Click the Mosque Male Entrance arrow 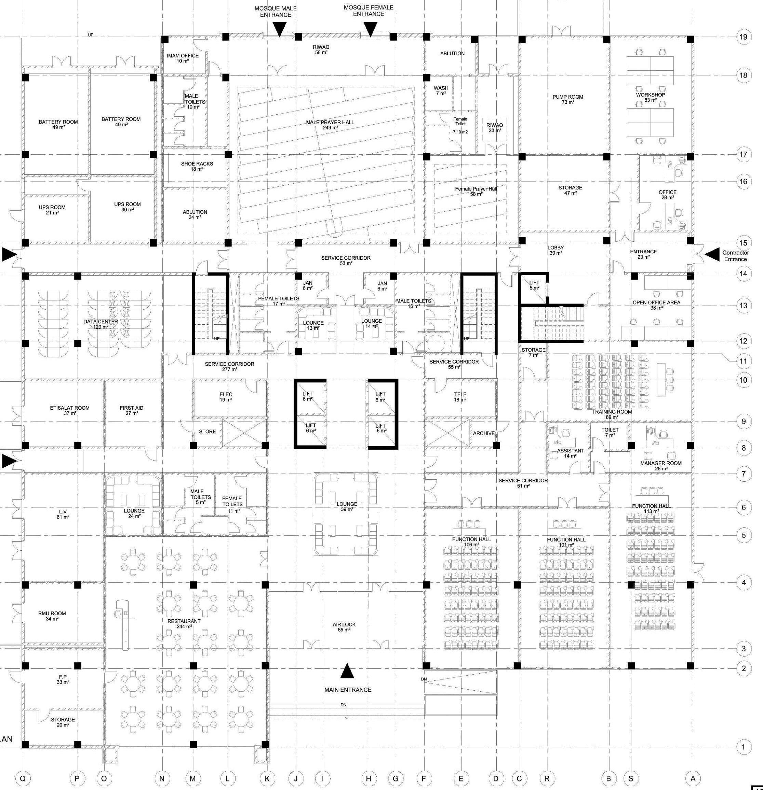[279, 29]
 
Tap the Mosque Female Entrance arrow [371, 28]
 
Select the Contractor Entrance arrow [712, 254]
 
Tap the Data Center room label [101, 324]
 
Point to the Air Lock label [344, 627]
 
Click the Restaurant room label [184, 623]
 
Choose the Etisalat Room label [70, 410]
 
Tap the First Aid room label [132, 410]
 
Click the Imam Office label [183, 58]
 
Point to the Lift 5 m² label [534, 285]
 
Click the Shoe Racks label [197, 166]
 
